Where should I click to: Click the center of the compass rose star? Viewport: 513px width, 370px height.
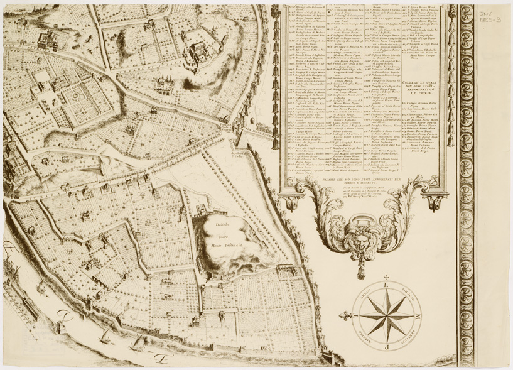(384, 312)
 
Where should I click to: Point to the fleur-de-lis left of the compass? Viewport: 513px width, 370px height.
(348, 312)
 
